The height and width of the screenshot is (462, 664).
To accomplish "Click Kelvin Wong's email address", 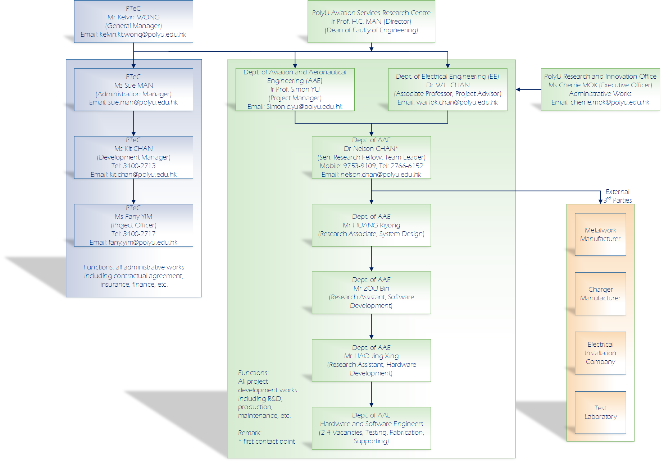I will [x=142, y=34].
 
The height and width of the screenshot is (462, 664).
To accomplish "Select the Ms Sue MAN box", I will [x=133, y=89].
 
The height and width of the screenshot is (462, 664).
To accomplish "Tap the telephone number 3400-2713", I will [x=139, y=166].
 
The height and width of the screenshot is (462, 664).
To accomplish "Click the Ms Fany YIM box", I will [x=133, y=225].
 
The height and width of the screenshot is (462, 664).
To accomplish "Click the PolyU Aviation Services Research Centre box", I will [x=371, y=22].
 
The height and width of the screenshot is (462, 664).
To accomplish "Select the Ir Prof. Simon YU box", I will [x=295, y=89].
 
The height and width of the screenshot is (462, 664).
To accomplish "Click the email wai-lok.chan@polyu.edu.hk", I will [x=457, y=102].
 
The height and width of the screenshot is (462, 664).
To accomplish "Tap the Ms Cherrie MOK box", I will [x=600, y=89].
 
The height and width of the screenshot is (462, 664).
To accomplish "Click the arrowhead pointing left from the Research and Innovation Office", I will [x=518, y=89].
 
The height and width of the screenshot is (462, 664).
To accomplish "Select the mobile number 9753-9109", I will [x=359, y=166].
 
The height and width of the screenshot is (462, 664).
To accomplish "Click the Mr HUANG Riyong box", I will [x=371, y=225].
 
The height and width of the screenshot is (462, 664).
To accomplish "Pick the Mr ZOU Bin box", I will [x=371, y=292].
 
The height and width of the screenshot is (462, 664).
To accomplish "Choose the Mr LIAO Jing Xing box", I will [x=371, y=360].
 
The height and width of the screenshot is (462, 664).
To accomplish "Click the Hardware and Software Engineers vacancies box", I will [x=371, y=428].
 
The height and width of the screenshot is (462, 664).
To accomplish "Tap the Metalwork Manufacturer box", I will [x=600, y=234].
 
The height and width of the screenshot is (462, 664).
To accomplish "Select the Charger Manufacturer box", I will [x=600, y=294].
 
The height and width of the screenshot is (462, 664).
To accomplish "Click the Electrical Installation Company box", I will [x=600, y=353].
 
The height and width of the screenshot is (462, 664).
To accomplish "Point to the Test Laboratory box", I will [x=600, y=412].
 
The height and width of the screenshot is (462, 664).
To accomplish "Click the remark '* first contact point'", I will [x=267, y=442].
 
